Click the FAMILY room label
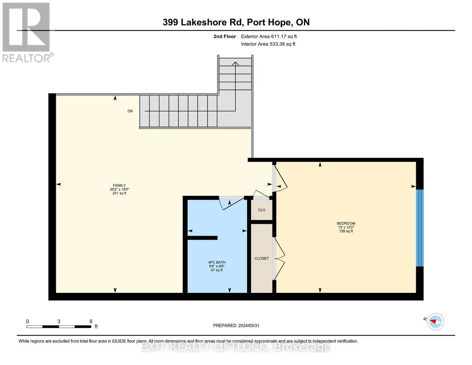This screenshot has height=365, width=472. [119, 186]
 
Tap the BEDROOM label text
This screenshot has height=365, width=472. [346, 224]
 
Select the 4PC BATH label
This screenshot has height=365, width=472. [217, 262]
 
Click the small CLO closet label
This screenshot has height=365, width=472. [261, 210]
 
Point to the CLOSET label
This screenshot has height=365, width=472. [261, 259]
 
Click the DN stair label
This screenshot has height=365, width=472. [130, 111]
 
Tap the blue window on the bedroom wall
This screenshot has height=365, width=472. [419, 228]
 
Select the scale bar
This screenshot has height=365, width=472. [59, 327]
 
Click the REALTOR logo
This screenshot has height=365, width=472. [26, 32]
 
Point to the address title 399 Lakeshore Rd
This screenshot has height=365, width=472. [236, 22]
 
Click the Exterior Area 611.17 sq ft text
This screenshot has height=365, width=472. [269, 36]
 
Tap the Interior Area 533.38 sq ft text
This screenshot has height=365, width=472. [268, 44]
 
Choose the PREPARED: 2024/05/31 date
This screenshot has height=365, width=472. [236, 326]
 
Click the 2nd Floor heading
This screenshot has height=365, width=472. [225, 36]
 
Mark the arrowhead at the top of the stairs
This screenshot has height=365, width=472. [235, 64]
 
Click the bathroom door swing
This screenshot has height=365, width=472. [233, 204]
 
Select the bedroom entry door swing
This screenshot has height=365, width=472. [280, 179]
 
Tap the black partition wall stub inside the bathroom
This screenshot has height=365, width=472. [202, 238]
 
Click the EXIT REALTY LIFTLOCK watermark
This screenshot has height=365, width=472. [236, 347]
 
